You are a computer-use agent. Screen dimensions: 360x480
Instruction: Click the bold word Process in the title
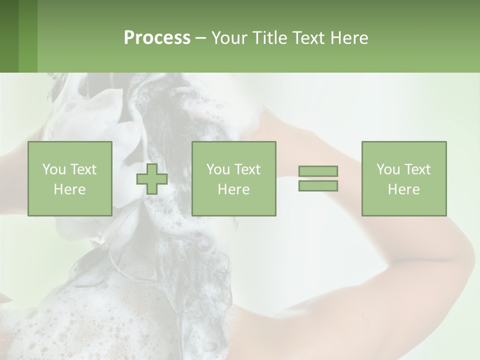157,38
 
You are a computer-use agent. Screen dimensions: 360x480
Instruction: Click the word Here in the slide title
349,38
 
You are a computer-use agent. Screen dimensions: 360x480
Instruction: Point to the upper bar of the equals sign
318,171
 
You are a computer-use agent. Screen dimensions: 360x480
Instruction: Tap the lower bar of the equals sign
318,186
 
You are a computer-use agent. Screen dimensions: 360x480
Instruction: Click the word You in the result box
388,169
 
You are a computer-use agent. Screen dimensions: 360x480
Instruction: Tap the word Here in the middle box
234,189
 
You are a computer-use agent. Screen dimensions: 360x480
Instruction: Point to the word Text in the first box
82,169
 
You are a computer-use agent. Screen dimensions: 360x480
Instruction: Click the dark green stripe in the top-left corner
9,36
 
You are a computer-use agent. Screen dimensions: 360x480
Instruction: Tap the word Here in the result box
404,189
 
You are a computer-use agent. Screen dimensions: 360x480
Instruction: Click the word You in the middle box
218,169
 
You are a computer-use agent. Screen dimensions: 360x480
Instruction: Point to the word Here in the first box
70,189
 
